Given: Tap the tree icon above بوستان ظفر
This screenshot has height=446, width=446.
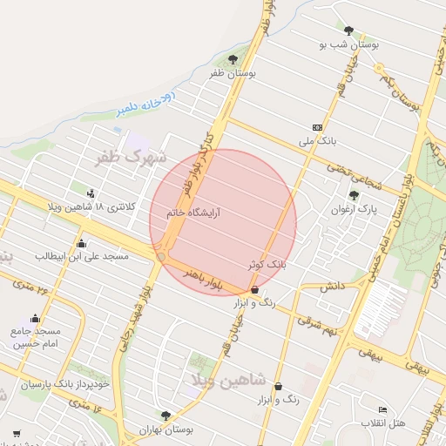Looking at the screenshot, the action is (x=232, y=59).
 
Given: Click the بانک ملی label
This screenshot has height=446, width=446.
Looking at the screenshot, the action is (x=316, y=139).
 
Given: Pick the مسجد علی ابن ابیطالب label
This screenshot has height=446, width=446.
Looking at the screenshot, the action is (x=82, y=256).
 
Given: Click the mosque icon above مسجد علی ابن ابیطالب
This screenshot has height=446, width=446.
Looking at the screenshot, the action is (x=82, y=243).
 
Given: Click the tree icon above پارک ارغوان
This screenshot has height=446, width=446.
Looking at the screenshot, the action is (x=353, y=195).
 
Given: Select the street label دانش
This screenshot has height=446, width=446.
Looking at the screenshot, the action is (x=332, y=286).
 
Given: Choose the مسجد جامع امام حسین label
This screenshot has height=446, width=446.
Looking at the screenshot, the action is (x=36, y=338).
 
